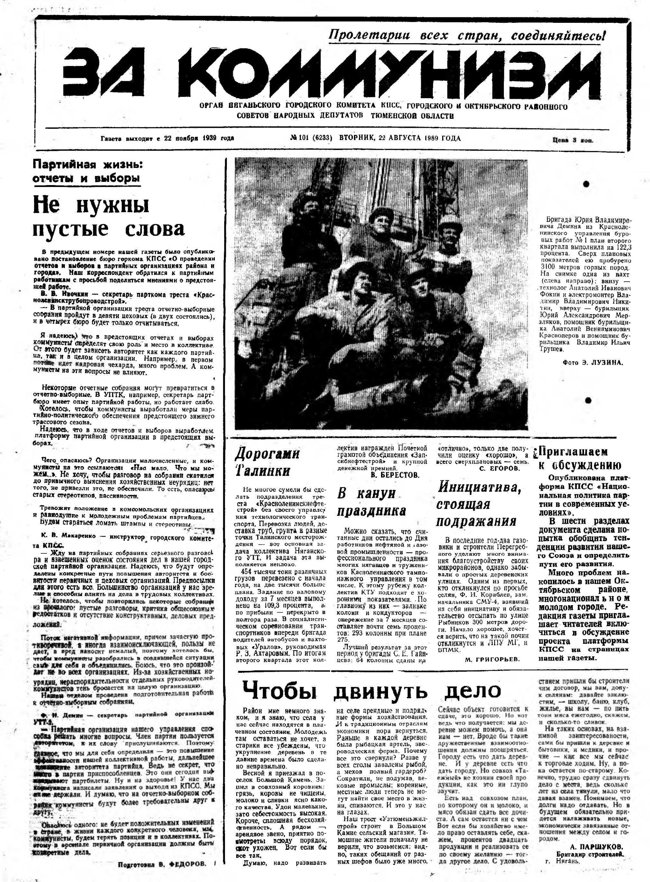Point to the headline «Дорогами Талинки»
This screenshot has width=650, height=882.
pyautogui.click(x=267, y=463)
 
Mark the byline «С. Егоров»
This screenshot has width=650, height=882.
pyautogui.click(x=500, y=468)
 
